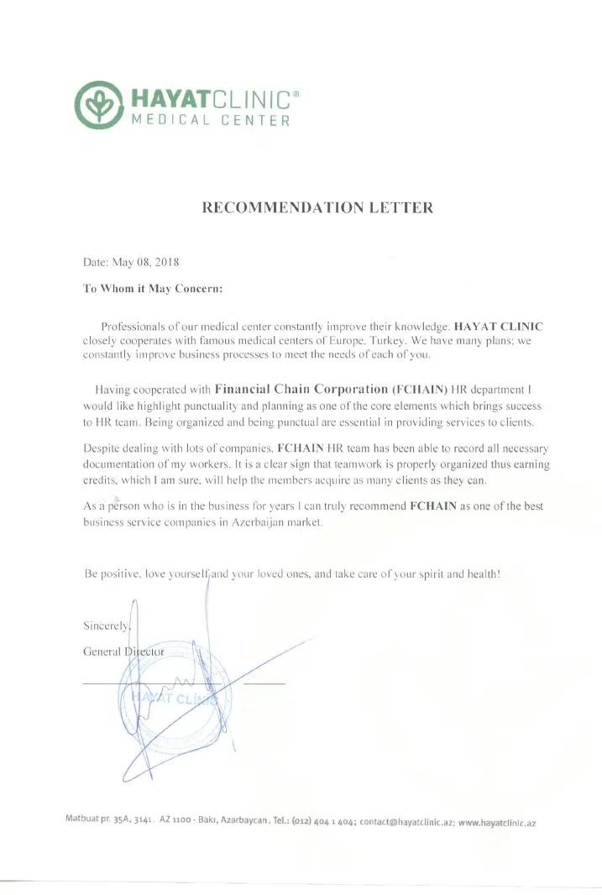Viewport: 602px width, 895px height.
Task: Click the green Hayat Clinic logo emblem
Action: point(97,105)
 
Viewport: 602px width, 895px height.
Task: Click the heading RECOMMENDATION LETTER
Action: point(318,207)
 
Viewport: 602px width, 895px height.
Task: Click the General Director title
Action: point(123,652)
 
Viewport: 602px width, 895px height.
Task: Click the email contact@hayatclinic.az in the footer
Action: point(406,823)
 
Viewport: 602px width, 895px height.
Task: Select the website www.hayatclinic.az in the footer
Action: point(497,823)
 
